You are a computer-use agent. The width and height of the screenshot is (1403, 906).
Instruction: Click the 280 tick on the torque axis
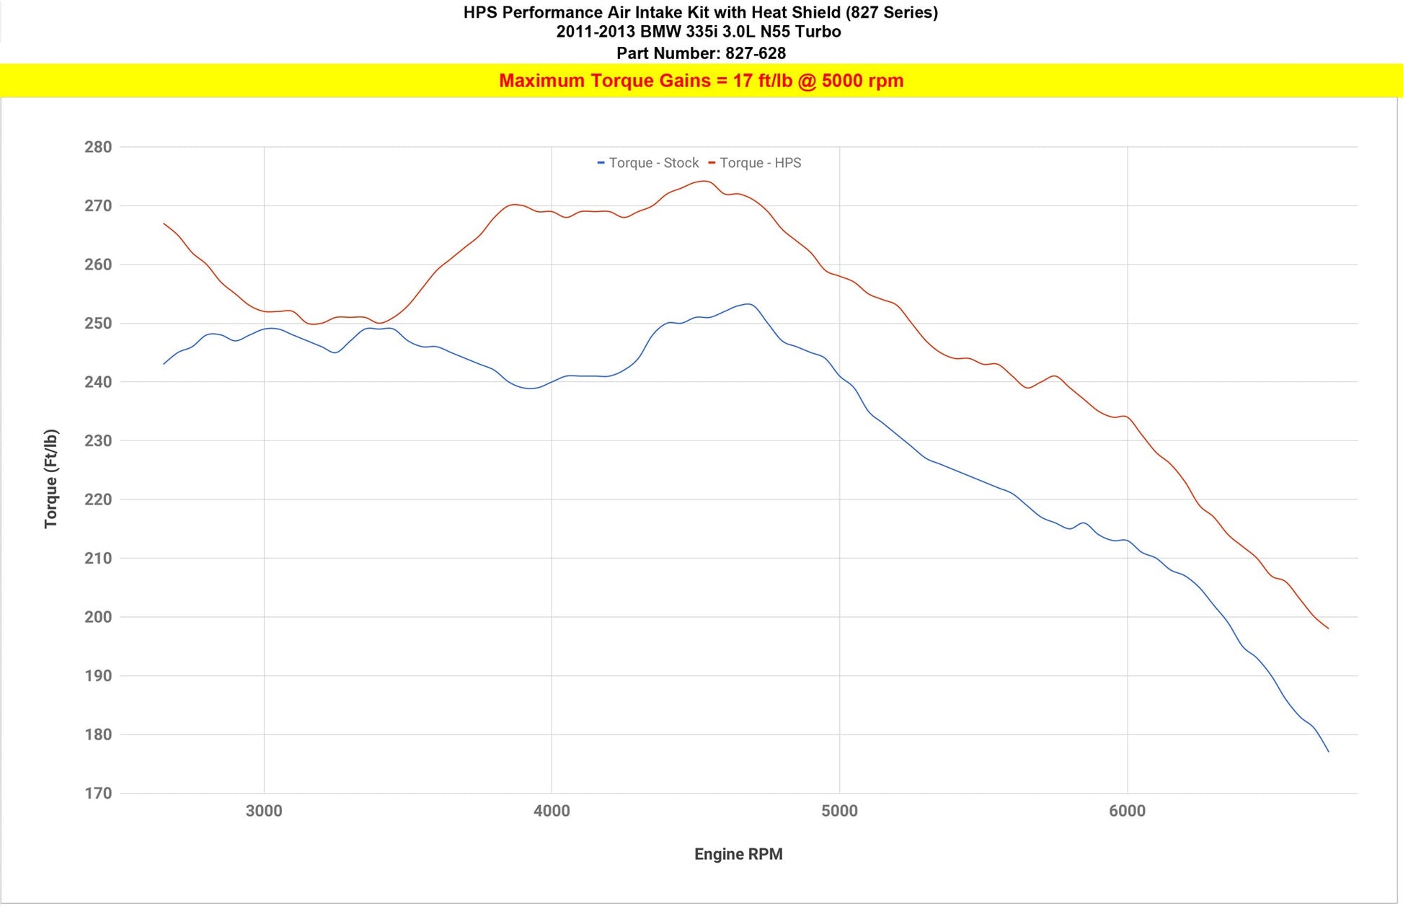click(98, 147)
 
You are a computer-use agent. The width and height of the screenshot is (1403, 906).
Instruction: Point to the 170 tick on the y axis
click(98, 794)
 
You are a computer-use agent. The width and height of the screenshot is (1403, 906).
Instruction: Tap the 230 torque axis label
click(98, 440)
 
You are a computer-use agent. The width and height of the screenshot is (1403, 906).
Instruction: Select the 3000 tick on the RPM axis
click(264, 811)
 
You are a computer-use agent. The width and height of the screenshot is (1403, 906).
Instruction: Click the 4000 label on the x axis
click(552, 811)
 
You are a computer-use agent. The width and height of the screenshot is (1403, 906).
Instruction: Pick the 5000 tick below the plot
click(839, 811)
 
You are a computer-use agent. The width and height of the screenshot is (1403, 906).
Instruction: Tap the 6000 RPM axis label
click(1127, 811)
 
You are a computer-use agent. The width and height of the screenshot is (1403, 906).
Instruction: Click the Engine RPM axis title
click(738, 854)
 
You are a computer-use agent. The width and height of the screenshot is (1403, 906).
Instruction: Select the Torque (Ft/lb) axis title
click(50, 479)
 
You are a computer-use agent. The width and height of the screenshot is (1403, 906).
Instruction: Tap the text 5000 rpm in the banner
click(862, 81)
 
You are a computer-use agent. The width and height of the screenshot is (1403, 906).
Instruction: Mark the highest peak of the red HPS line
click(704, 181)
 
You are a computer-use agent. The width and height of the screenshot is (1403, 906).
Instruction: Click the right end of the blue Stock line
click(1328, 752)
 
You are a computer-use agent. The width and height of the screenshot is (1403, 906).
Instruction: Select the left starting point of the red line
click(164, 223)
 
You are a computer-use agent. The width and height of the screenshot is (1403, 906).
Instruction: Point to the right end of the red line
click(1328, 629)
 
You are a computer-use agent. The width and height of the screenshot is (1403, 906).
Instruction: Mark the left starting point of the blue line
click(164, 364)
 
